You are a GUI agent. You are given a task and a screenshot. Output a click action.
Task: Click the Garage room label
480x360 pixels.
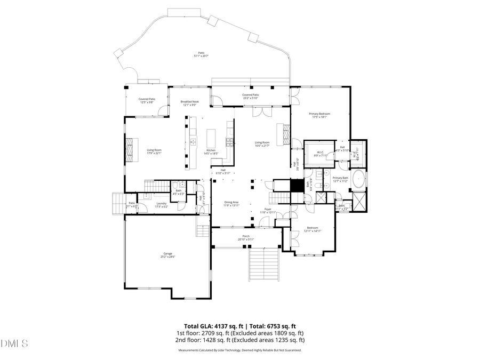[x=168, y=255]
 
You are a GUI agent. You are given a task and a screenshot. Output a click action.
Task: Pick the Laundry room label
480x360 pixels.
[x=161, y=205]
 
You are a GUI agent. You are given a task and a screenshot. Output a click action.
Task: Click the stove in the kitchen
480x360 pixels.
[x=230, y=142]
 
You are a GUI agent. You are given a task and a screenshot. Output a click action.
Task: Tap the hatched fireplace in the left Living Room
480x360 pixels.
[x=129, y=150]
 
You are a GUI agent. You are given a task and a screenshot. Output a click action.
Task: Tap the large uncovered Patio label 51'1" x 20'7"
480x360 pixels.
[x=201, y=54]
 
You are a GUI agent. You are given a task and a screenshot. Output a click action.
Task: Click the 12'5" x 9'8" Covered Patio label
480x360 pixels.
[x=147, y=100]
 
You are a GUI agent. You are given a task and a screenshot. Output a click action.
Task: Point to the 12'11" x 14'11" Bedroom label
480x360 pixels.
[x=312, y=229]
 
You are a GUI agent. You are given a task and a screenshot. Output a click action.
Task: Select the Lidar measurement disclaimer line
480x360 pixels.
[x=239, y=350]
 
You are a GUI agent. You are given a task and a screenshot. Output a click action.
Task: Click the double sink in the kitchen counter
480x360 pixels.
[x=193, y=142]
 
